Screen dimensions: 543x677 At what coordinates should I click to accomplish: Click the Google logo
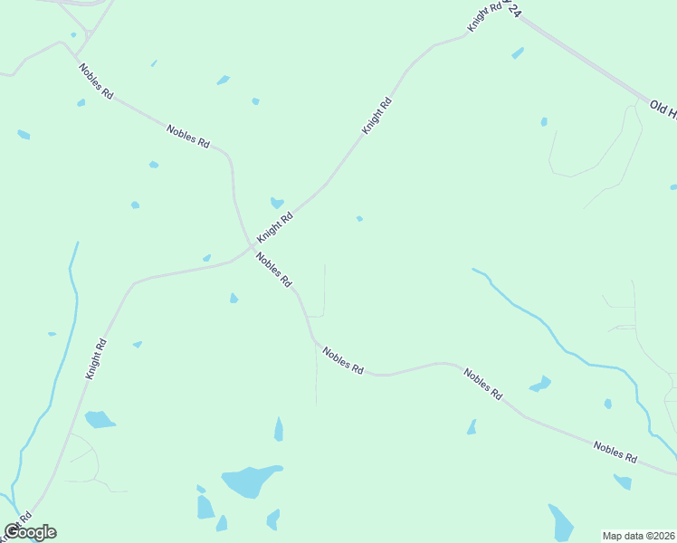click(30, 532)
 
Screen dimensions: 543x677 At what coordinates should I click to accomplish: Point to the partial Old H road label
click(663, 107)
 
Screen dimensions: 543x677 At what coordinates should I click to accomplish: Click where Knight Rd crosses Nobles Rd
click(254, 244)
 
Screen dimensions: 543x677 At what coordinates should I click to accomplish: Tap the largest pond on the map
click(249, 481)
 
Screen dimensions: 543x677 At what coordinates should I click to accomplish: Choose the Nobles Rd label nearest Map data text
click(615, 452)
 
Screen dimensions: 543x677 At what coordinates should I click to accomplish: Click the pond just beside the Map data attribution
click(561, 522)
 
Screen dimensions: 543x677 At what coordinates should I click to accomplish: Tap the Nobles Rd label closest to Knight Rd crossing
click(273, 269)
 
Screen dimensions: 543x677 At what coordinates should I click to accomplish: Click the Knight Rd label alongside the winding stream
click(96, 359)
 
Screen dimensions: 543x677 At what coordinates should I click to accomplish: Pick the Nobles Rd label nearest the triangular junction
click(95, 81)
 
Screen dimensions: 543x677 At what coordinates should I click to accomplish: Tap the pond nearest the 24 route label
click(518, 53)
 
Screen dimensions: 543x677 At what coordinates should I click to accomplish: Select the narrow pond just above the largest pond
click(279, 429)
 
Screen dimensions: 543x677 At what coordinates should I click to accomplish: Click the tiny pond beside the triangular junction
click(73, 35)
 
